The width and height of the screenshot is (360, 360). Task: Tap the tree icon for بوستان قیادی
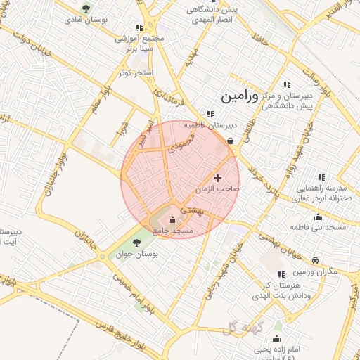tap(86, 8)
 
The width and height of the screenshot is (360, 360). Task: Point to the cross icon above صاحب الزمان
tap(217, 178)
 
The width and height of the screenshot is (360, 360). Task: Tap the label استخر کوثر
tap(136, 73)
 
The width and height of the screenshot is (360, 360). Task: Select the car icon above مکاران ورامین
tap(315, 261)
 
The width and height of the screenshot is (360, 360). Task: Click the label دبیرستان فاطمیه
tap(210, 125)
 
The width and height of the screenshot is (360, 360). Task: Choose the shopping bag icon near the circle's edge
tap(231, 140)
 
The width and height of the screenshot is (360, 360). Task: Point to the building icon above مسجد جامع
tap(173, 220)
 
